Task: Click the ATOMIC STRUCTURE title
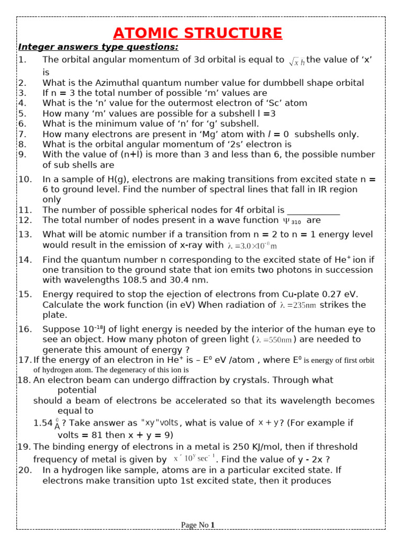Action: [197, 33]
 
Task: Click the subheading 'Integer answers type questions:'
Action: [98, 48]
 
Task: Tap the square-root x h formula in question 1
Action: [296, 62]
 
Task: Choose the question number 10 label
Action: [25, 179]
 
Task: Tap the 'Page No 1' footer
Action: [197, 525]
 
